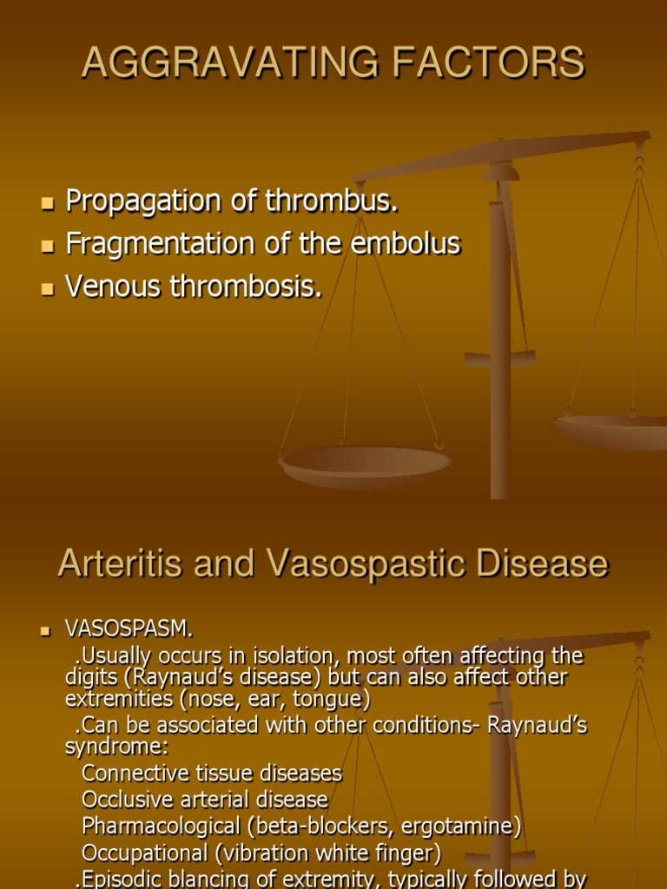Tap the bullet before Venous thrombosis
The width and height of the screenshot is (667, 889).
tap(47, 288)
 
